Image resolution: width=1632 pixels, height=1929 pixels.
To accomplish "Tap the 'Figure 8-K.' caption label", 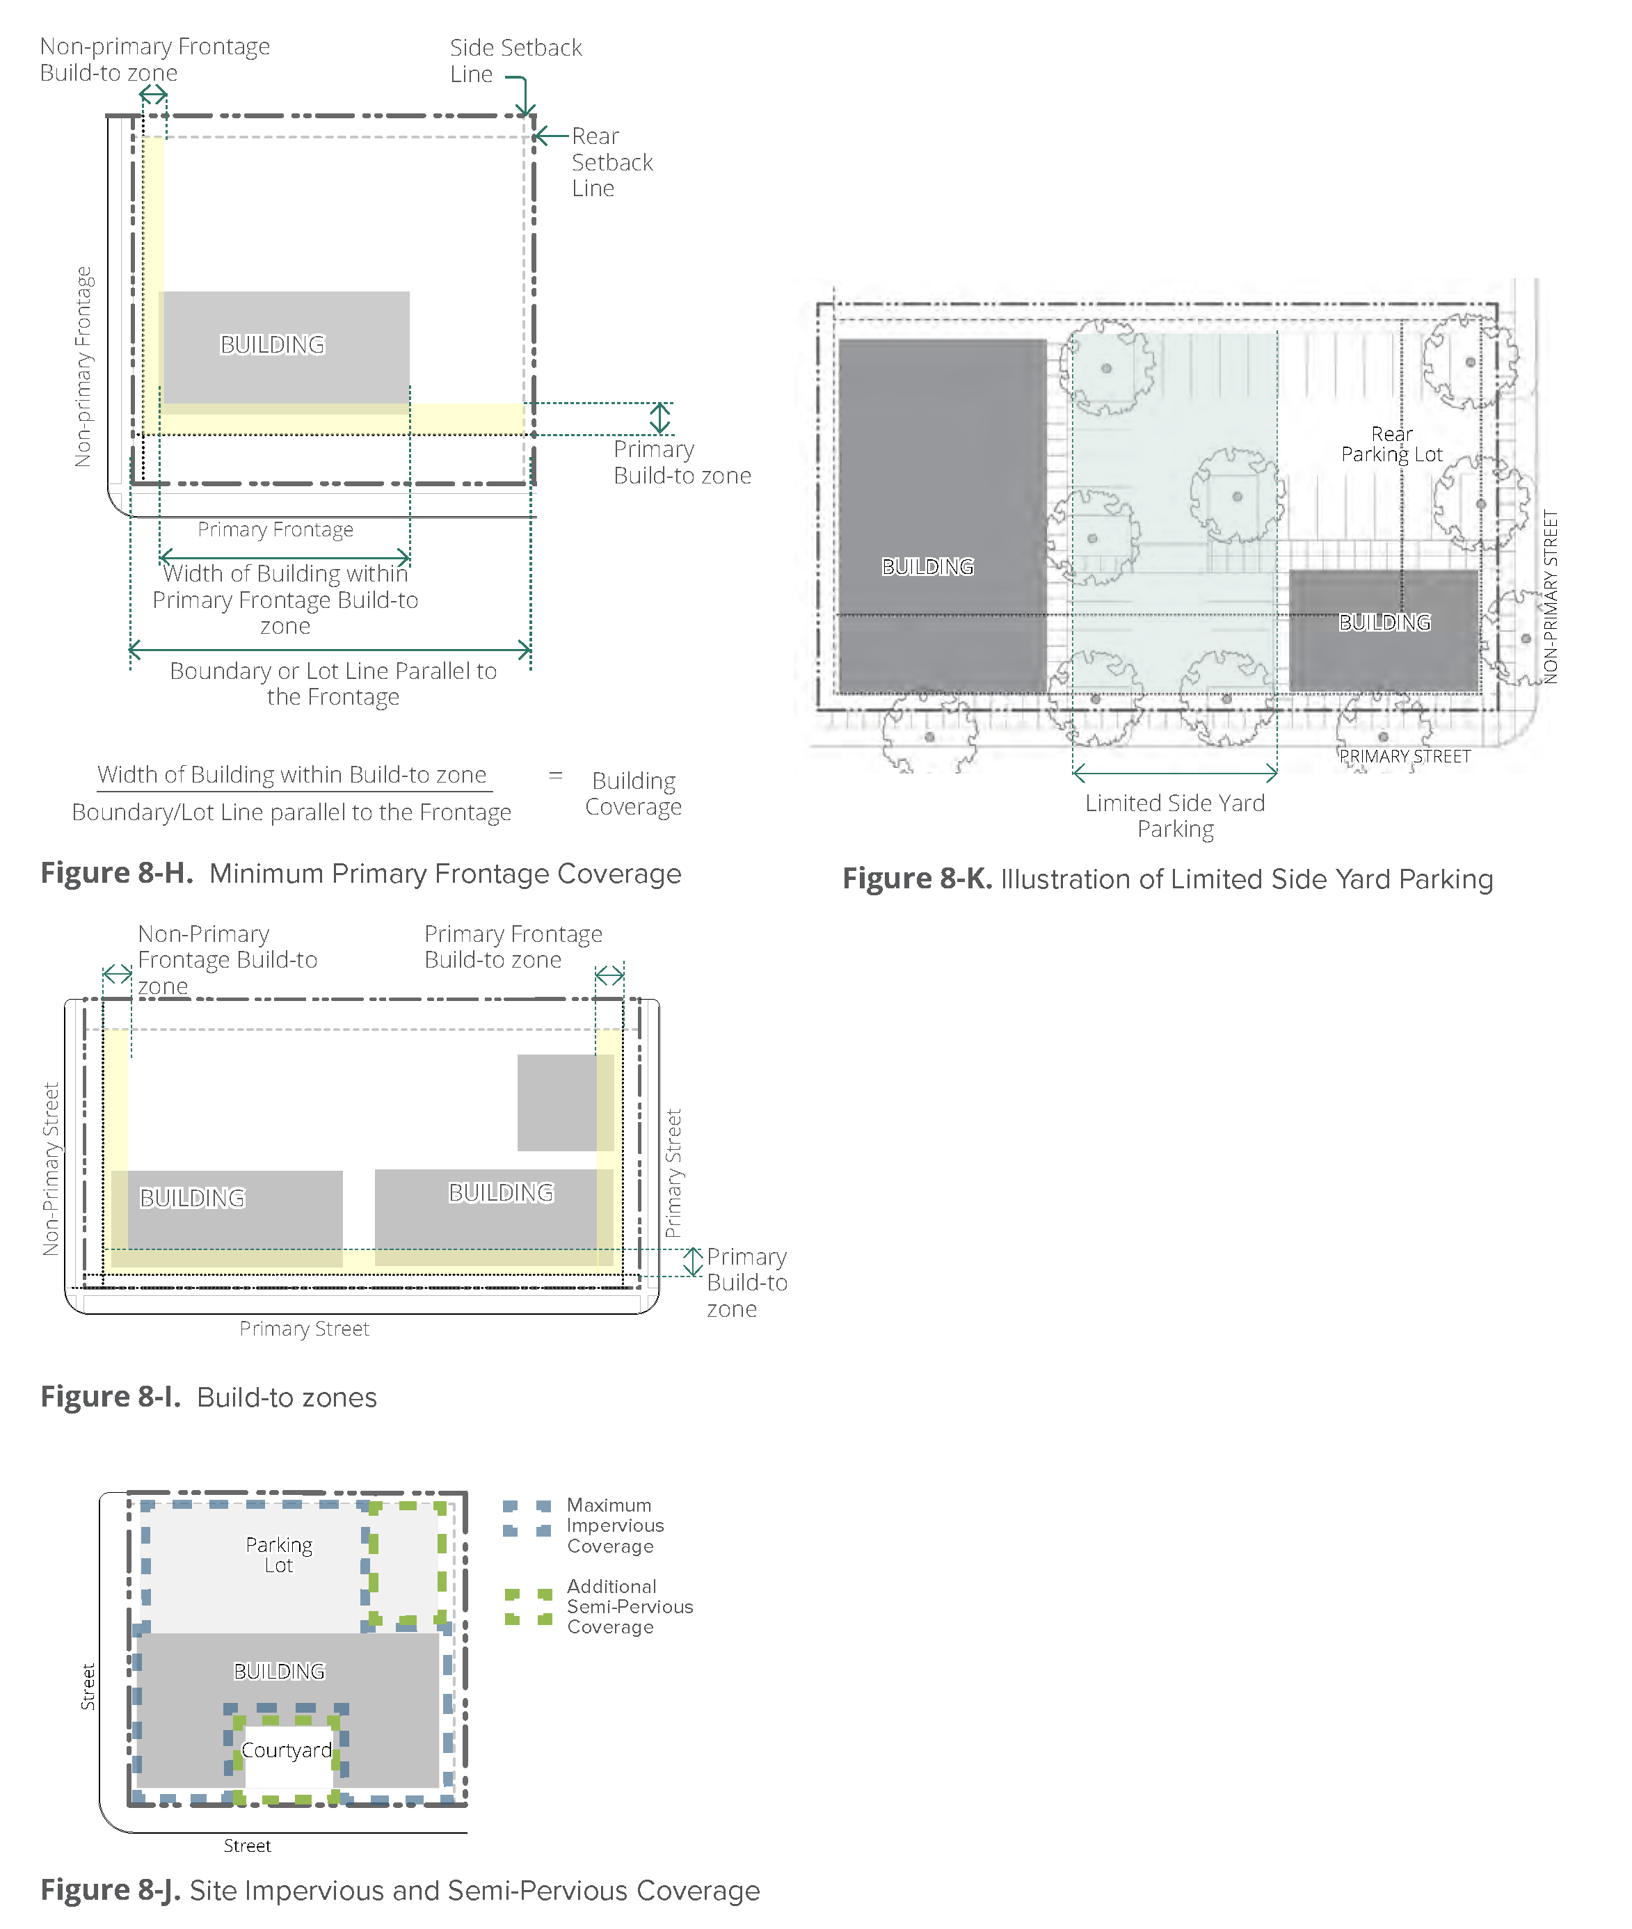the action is coord(916,879).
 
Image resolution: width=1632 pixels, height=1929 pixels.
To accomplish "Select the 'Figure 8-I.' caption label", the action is coord(110,1397).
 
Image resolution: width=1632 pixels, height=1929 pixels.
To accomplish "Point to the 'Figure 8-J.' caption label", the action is coord(110,1890).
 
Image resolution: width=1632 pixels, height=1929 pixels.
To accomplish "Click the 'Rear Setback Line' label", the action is coord(611,162).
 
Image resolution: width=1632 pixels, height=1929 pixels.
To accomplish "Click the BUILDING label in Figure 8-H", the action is coord(272,345).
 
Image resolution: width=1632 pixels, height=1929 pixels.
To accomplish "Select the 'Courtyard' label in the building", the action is coord(286,1750).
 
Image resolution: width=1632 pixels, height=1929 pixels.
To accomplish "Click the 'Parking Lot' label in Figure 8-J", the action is coord(278,1555).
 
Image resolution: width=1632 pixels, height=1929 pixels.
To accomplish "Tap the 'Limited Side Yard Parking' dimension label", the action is coord(1175,816).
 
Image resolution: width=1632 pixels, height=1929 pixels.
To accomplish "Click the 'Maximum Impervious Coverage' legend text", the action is coord(614,1526).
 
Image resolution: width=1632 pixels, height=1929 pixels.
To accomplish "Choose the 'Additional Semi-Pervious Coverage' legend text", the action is coord(629,1606).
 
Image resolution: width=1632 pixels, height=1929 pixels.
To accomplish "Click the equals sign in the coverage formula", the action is coord(555,776).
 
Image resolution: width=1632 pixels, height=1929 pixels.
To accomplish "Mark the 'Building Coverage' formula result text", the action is coord(634,794).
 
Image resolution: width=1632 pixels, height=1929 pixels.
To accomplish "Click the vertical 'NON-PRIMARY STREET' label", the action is coord(1551,597).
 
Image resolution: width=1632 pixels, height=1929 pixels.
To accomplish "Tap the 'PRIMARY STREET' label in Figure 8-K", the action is coord(1405,757).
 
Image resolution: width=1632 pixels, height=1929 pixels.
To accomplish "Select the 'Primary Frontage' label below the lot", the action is coord(275,530).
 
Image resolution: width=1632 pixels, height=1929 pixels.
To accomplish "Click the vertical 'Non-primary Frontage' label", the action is coord(83,367).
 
